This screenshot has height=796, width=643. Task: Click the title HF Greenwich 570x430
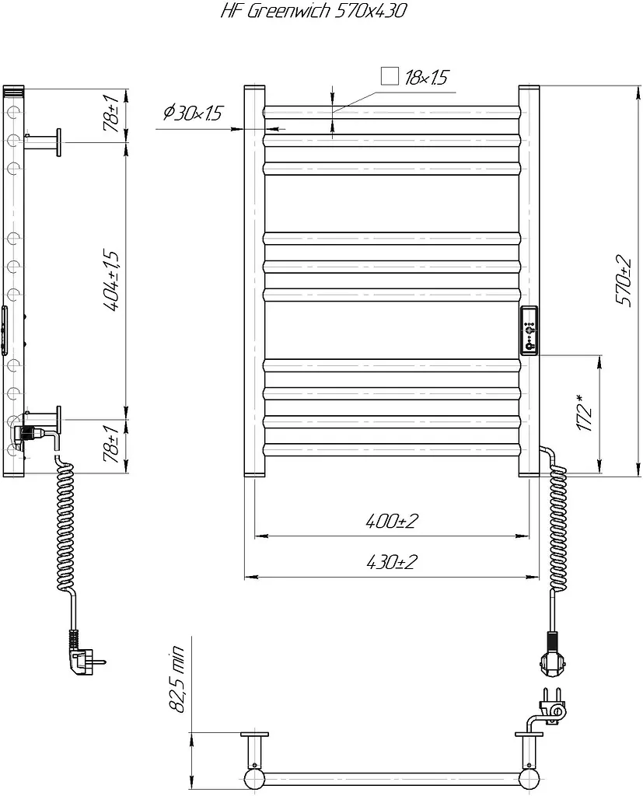313,11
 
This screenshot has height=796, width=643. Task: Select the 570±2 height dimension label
624,281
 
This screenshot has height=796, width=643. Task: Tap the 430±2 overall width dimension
392,562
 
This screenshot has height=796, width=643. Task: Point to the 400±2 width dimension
392,521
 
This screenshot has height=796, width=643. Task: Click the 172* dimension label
585,414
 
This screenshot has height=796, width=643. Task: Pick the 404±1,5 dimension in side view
111,280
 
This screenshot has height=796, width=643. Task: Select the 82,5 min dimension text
178,679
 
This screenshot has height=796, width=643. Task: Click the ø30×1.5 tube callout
193,113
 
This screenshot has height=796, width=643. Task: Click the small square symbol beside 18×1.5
390,76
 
